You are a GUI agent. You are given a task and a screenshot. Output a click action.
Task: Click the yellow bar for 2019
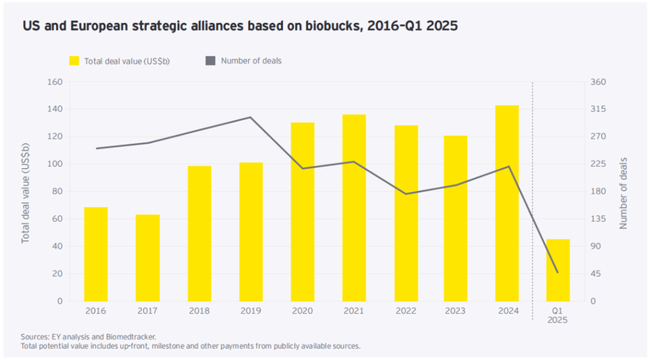click(251, 232)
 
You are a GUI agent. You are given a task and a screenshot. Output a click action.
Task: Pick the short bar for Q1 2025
click(557, 270)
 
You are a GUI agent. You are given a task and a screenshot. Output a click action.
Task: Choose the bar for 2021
click(354, 208)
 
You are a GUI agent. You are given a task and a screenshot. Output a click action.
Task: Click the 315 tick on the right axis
click(598, 110)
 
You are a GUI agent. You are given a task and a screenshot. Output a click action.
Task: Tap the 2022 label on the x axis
click(405, 311)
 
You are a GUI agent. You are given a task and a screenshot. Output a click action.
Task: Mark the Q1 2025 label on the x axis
click(557, 316)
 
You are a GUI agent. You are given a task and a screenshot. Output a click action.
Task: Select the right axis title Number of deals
click(624, 192)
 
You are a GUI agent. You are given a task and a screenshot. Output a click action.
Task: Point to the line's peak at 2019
click(251, 117)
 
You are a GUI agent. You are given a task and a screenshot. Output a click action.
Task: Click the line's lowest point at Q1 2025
click(557, 271)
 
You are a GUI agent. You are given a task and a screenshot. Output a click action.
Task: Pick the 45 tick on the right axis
click(596, 274)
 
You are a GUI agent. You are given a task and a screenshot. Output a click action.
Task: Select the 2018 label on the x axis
click(199, 311)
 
